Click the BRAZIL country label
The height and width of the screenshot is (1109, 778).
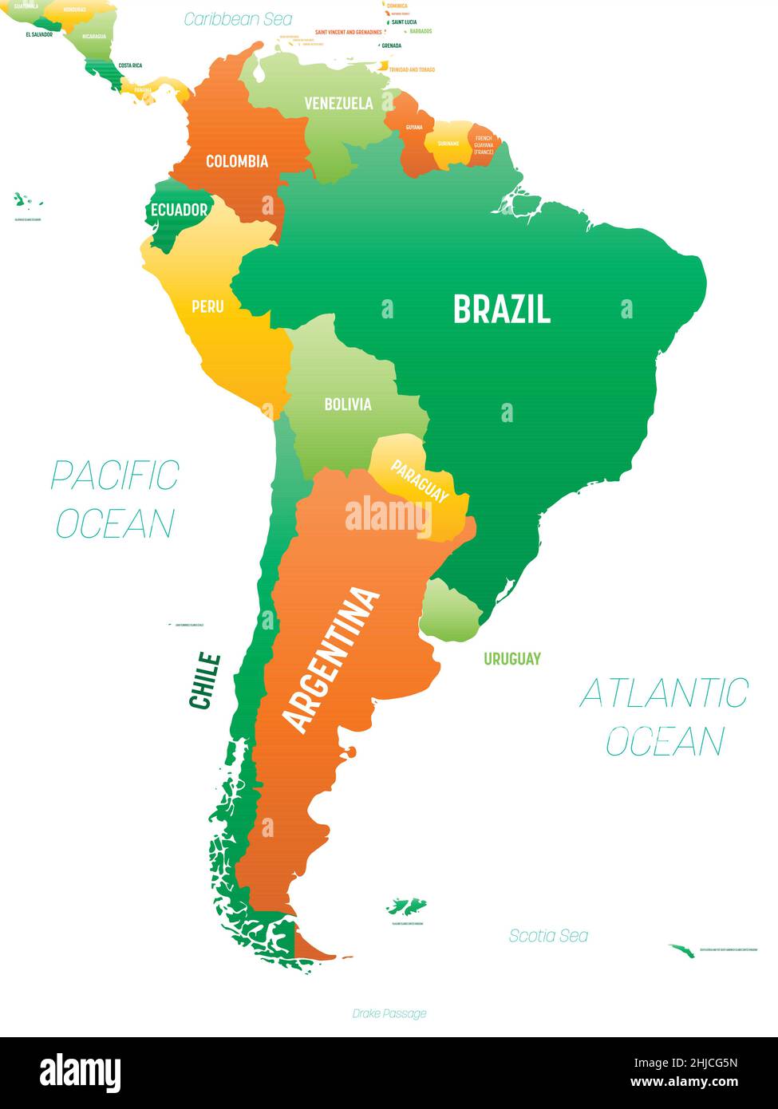[x=502, y=309]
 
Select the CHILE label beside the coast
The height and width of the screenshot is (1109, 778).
[x=204, y=681]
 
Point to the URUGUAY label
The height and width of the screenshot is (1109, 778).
[x=511, y=659]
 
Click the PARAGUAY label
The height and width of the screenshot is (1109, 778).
[x=420, y=480]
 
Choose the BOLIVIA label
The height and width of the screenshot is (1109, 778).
[x=347, y=405]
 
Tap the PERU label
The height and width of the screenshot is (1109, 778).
[x=207, y=306]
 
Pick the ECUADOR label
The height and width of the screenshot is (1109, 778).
[x=179, y=211]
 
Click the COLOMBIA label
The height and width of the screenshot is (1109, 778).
[x=237, y=161]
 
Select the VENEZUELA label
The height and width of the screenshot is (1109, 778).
[x=338, y=104]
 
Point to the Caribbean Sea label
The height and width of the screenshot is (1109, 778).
[x=238, y=19]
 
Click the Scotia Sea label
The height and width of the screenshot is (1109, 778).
[x=548, y=936]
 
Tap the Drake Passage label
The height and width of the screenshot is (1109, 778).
[x=389, y=1013]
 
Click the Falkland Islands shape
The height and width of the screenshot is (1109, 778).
[x=406, y=907]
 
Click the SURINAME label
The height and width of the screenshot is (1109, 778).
[x=448, y=144]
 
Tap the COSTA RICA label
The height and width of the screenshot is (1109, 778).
[x=130, y=65]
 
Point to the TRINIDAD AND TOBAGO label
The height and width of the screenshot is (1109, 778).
[x=412, y=70]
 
